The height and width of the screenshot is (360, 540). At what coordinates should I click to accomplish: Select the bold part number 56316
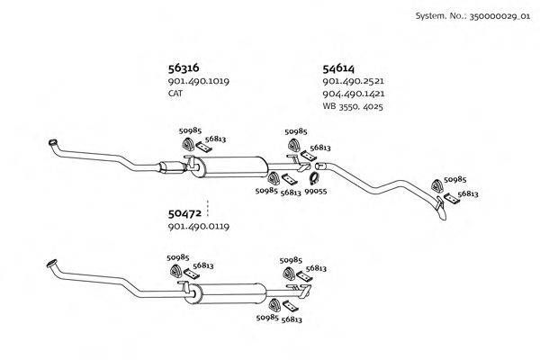click(x=183, y=67)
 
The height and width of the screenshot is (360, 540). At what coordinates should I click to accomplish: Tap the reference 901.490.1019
click(x=197, y=81)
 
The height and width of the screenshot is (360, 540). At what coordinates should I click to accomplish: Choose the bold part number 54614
click(x=338, y=67)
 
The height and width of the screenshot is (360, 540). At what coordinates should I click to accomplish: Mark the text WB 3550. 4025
click(x=354, y=106)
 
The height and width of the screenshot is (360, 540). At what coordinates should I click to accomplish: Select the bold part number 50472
click(x=184, y=213)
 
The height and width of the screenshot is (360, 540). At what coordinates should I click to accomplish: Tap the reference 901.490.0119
click(x=197, y=227)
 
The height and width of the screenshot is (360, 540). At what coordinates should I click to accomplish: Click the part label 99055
click(x=315, y=191)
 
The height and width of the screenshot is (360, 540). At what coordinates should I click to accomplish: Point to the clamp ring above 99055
click(x=315, y=178)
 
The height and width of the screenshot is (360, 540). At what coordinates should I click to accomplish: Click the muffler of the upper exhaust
click(x=231, y=166)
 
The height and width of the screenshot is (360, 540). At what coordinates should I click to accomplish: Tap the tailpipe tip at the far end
click(x=443, y=214)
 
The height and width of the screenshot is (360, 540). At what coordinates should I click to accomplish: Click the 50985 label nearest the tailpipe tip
click(x=454, y=180)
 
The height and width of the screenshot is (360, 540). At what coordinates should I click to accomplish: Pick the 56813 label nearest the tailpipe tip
click(x=467, y=193)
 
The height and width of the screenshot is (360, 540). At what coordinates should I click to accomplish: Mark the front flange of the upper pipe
click(x=52, y=144)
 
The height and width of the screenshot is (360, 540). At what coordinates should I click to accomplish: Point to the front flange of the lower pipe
click(x=51, y=265)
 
